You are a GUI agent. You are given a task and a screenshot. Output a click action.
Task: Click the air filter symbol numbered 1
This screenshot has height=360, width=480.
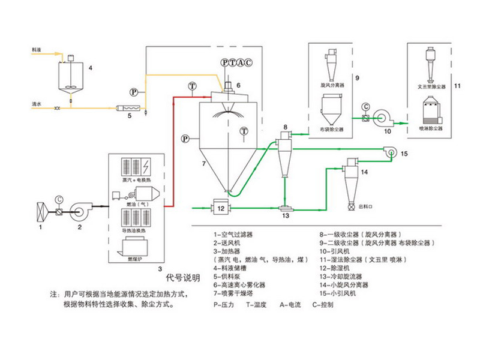pos(41,213)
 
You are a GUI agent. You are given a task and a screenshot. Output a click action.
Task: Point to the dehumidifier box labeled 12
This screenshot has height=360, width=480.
pos(220,208)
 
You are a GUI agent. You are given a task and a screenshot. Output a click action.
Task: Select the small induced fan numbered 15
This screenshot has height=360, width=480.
pos(390,154)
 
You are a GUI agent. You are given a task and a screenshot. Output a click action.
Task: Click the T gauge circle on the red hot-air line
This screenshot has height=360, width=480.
pos(191,86)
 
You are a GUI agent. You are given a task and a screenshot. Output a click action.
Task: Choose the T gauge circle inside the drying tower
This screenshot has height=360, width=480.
pos(243,130)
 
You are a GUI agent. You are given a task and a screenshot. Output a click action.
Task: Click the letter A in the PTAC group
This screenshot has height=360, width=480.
pos(240,62)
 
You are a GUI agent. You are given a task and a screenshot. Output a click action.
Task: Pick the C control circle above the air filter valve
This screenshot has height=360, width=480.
pos(58,199)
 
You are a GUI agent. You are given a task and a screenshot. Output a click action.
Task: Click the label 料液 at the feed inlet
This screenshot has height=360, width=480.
pos(37,52)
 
